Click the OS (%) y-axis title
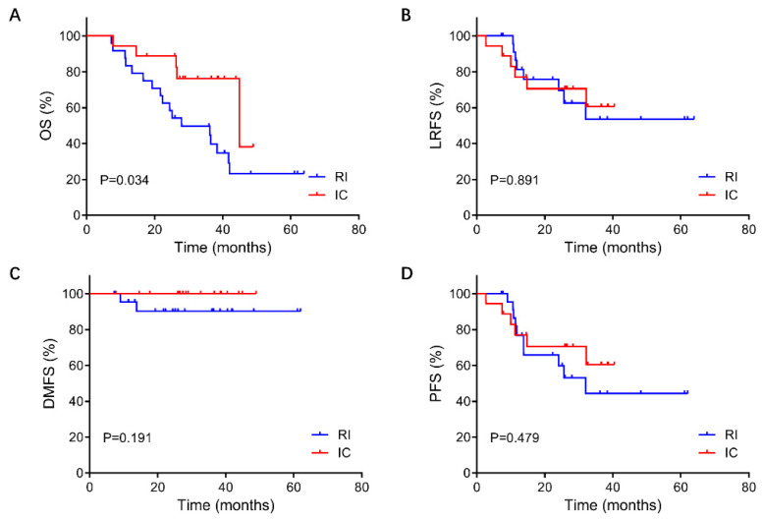45,125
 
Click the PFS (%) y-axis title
429,382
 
